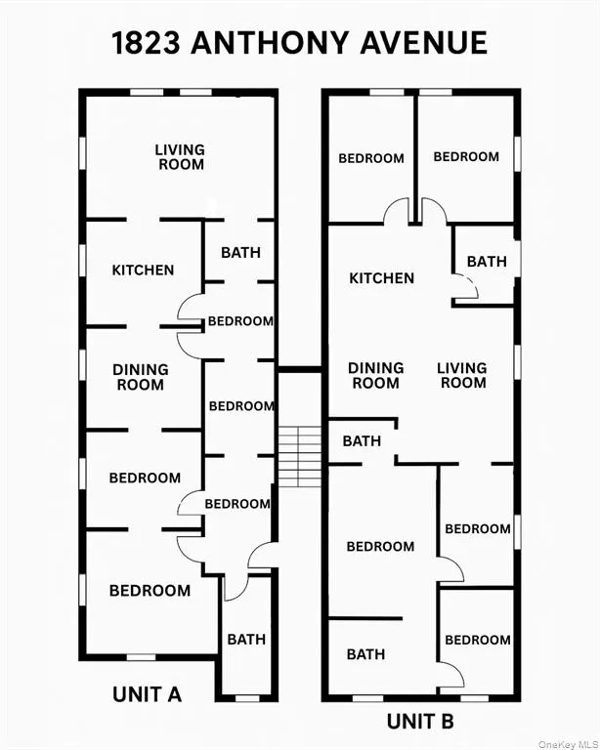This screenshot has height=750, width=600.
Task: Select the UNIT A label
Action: pos(148,694)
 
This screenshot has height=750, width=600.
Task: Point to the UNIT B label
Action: pos(420,722)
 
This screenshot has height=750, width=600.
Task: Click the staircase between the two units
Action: pos(299,455)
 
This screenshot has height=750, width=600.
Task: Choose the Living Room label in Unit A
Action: pos(181,157)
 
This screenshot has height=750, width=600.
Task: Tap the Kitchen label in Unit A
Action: pos(143,271)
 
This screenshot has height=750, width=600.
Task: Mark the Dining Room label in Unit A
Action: pos(141,377)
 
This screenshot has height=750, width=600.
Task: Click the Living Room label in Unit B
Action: pos(462,375)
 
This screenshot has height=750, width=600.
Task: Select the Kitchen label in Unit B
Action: pos(382,278)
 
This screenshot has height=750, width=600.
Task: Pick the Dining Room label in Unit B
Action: pos(376,375)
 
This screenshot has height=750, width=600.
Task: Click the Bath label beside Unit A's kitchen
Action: pos(240,252)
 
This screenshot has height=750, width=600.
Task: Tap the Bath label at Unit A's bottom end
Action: pos(246,640)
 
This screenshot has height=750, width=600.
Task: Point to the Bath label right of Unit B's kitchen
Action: pos(487,262)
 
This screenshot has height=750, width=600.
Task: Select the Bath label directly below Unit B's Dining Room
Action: pos(362,441)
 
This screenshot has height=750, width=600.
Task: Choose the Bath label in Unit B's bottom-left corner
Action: pos(365,654)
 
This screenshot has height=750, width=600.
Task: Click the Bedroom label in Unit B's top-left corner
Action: pos(371,158)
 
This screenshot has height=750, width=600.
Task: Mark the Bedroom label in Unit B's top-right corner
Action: pos(466,156)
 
